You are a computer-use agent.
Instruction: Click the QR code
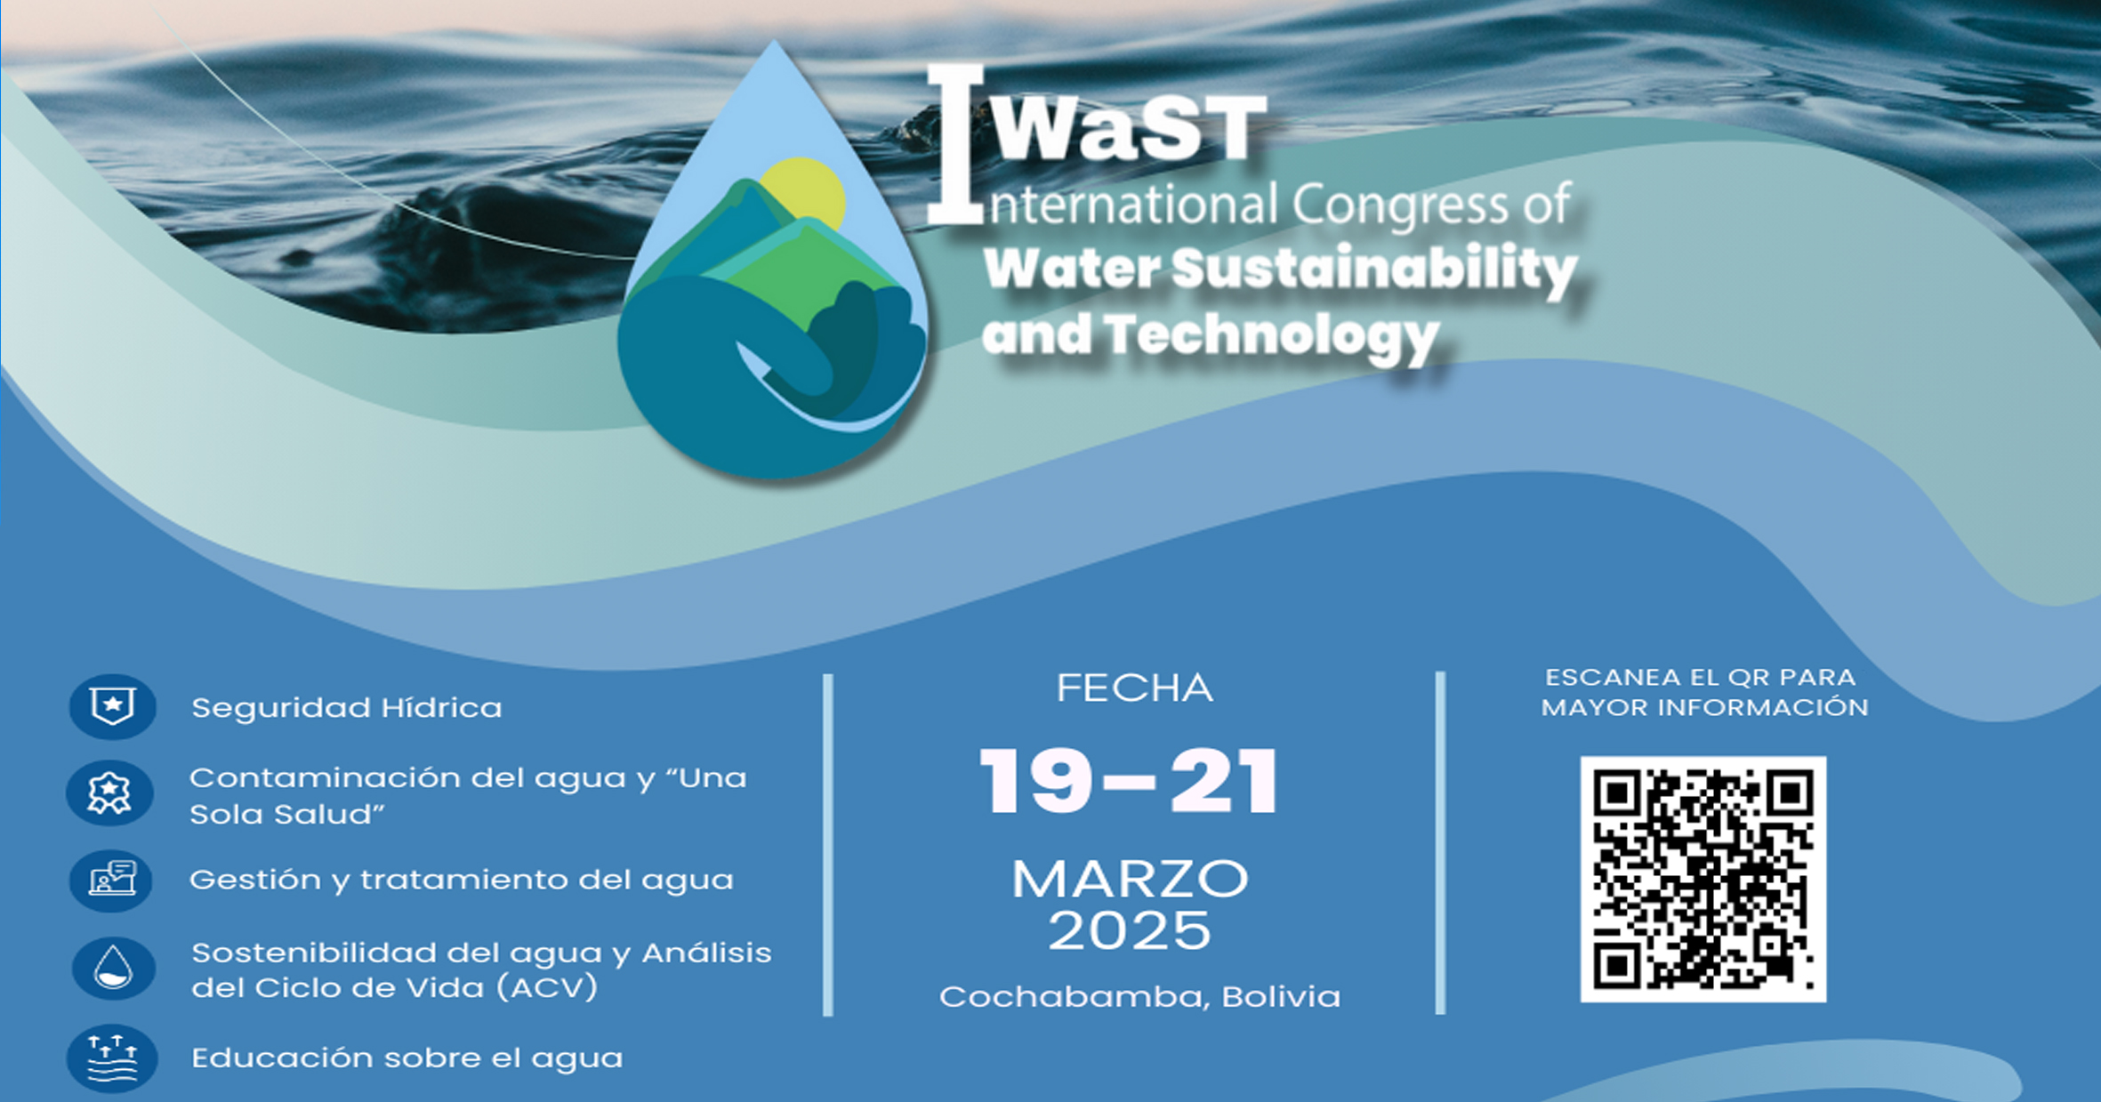coord(1703,879)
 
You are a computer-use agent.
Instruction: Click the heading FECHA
coord(1134,688)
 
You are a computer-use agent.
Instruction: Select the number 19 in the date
coord(1035,781)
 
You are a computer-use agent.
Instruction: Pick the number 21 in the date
coord(1224,781)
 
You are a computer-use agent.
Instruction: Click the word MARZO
coord(1131,879)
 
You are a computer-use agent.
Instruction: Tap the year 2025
coord(1130,931)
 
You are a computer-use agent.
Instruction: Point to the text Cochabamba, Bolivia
coord(1139,996)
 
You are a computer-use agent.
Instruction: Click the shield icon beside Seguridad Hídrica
coord(113,707)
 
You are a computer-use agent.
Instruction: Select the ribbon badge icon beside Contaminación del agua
coord(110,793)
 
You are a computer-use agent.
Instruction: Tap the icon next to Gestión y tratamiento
coord(112,881)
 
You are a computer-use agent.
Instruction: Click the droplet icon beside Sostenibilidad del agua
coord(113,969)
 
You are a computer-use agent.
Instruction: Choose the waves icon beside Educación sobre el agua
coord(112,1058)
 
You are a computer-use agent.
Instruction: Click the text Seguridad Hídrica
coord(347,708)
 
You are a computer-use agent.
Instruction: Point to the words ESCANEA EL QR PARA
coord(1701,678)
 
